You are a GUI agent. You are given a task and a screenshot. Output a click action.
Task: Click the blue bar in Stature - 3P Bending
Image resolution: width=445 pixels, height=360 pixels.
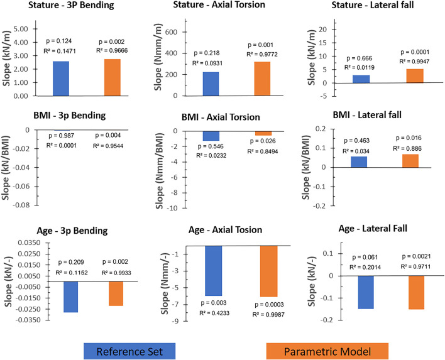click(x=61, y=79)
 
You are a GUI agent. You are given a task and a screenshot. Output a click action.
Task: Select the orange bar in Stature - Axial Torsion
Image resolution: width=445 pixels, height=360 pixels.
click(x=262, y=79)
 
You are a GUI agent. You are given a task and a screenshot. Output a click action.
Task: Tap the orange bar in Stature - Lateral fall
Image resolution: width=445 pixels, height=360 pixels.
click(x=415, y=76)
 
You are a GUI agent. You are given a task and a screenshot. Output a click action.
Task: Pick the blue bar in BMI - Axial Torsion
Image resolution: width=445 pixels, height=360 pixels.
click(x=211, y=136)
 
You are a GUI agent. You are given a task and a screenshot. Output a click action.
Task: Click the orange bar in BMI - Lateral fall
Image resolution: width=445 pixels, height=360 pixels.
click(x=410, y=161)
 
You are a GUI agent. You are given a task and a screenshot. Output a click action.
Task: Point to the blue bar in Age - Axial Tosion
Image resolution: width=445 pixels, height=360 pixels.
click(x=214, y=271)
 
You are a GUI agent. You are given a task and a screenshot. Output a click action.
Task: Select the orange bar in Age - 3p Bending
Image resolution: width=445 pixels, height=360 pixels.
click(x=116, y=293)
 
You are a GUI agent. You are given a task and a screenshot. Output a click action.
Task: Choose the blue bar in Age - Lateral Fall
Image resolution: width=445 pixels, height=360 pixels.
click(x=366, y=292)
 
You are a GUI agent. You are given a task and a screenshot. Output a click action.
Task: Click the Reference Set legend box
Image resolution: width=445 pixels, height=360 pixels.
click(x=129, y=351)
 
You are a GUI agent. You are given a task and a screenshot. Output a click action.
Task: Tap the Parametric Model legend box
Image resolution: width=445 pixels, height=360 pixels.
click(x=327, y=351)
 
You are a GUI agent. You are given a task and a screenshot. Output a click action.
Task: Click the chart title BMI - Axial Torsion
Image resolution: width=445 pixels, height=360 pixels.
click(x=221, y=117)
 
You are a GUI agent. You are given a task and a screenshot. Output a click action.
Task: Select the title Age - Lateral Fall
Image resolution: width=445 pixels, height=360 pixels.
click(x=373, y=228)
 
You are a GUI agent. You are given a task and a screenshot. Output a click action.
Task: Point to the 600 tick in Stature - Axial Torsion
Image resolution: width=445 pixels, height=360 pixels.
click(x=179, y=32)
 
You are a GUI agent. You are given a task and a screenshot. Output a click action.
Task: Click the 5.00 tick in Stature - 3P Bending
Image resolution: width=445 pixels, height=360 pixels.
click(x=21, y=29)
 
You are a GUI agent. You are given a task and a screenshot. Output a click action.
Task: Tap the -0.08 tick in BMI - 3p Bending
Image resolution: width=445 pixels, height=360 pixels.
click(x=21, y=205)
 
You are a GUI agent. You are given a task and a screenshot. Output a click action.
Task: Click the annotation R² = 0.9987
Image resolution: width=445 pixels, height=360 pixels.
click(x=268, y=314)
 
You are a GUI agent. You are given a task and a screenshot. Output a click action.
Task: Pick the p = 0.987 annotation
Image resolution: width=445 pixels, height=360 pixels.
click(x=62, y=136)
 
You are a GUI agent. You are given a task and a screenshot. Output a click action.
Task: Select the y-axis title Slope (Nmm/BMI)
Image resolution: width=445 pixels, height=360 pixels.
click(x=160, y=170)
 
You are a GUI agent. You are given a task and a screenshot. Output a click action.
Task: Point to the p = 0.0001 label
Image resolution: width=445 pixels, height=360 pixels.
click(x=415, y=52)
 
